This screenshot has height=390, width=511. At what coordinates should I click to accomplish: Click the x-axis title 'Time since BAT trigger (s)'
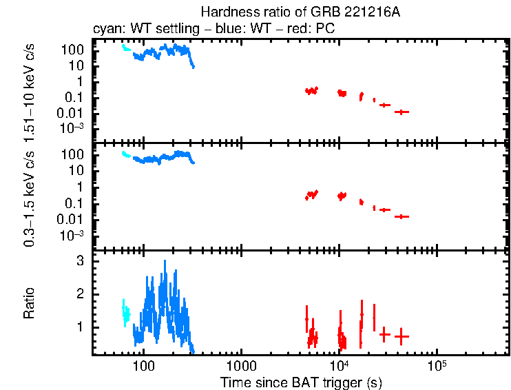coord(301,382)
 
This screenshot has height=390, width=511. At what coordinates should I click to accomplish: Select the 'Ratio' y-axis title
coord(30,303)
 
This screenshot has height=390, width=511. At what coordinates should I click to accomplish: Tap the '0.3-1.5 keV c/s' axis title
coord(30,196)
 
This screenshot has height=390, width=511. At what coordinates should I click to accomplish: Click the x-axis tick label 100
coord(143,365)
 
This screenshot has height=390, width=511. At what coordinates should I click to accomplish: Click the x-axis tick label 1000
coord(241,365)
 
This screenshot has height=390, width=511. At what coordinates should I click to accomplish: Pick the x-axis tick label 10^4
coord(338,365)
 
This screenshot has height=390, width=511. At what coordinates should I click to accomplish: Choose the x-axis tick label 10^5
coord(435,365)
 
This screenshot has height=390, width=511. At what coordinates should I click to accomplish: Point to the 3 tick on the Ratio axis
coord(80,261)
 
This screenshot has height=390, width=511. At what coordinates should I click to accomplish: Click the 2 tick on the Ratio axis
coord(80,294)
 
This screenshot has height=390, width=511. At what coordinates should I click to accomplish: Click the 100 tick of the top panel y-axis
coord(74,50)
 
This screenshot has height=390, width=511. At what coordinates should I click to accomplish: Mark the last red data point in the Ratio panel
coord(401,336)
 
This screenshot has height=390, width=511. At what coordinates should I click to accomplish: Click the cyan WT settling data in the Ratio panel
coord(125,313)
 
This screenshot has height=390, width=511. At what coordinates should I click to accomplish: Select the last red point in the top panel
coord(401,112)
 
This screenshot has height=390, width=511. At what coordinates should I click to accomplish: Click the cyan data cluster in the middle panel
coord(125,154)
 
